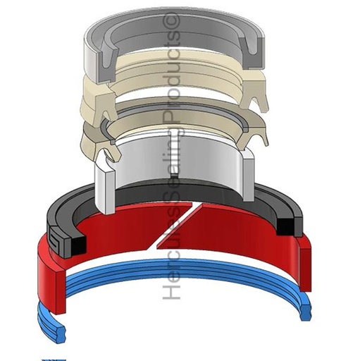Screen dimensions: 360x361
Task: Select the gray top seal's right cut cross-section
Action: click(x=251, y=51)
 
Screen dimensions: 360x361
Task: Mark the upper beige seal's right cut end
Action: click(x=254, y=94)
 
